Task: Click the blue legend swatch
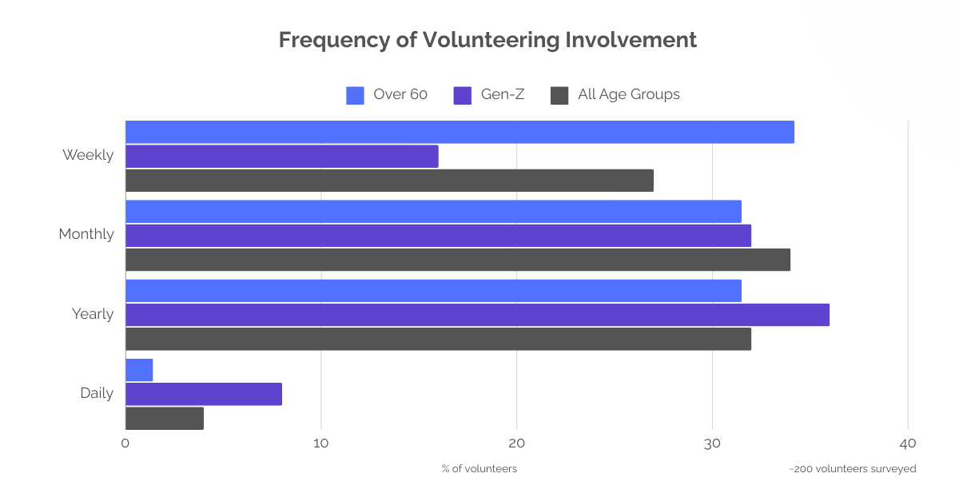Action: (360, 103)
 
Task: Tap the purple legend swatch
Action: (467, 103)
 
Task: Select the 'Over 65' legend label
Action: (400, 95)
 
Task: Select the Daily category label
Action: (99, 394)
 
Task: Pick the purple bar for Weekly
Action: (320, 156)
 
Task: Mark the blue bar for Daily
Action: (223, 370)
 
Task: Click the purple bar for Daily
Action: (204, 395)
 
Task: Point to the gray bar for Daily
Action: (165, 419)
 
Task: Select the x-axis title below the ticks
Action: (477, 468)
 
